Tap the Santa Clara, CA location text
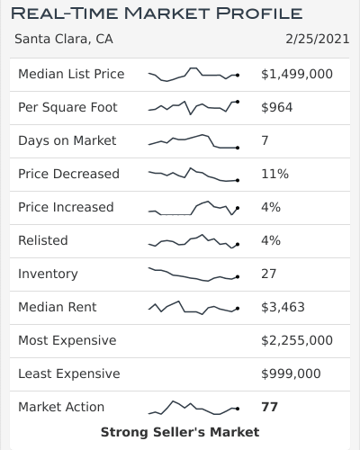pos(64,40)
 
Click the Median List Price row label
pos(71,74)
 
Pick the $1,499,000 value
pos(296,74)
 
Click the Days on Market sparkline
pos(193,141)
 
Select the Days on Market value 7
pos(265,140)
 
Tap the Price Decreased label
pos(68,174)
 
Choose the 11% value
pos(274,174)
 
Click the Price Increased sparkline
pos(193,208)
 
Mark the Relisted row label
pos(43,240)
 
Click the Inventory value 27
pos(269,274)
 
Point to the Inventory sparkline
pos(193,274)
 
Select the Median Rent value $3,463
pos(283,307)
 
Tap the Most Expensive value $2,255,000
pos(296,340)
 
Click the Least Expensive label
pos(68,373)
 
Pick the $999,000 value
pos(291,373)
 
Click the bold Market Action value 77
pos(269,407)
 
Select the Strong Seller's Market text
pos(180,433)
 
